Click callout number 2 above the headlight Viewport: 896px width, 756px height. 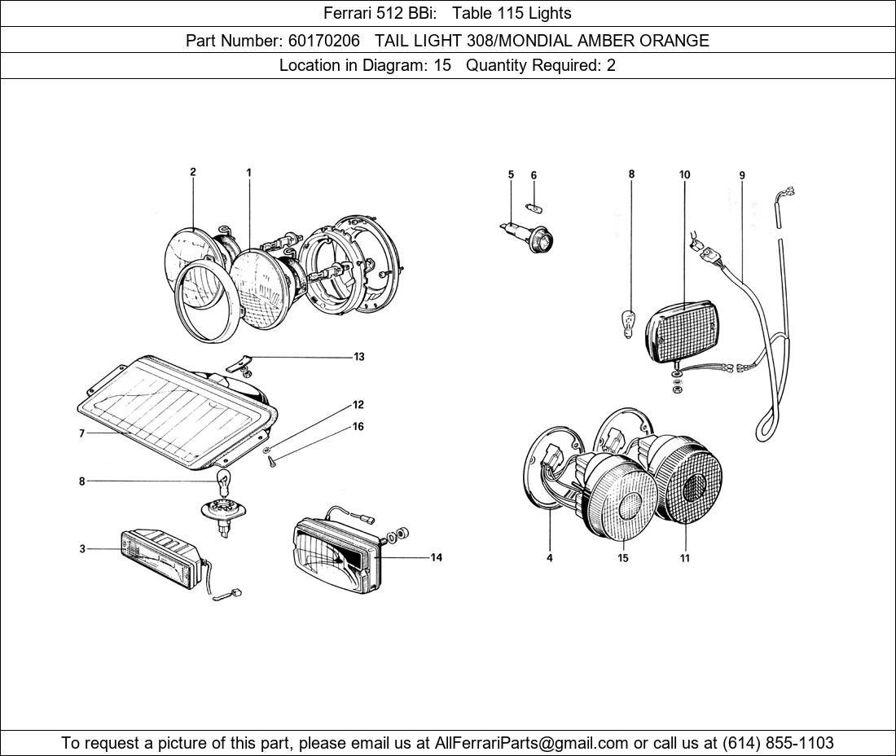pyautogui.click(x=193, y=172)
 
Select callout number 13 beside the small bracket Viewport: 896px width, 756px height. pyautogui.click(x=358, y=357)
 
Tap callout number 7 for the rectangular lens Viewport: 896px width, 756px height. pyautogui.click(x=81, y=434)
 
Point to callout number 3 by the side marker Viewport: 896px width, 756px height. pyautogui.click(x=82, y=549)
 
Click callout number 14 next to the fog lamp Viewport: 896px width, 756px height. pyautogui.click(x=437, y=558)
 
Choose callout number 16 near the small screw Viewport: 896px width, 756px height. pyautogui.click(x=358, y=427)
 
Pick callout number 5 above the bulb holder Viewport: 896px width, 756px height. pyautogui.click(x=511, y=174)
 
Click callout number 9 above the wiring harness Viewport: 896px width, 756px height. pyautogui.click(x=742, y=175)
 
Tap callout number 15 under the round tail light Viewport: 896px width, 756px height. pyautogui.click(x=623, y=558)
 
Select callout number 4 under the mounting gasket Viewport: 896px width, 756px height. pyautogui.click(x=550, y=558)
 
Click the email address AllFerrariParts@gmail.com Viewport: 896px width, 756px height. pyautogui.click(x=532, y=743)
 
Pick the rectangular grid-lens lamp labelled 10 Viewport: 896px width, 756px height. pyautogui.click(x=684, y=330)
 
